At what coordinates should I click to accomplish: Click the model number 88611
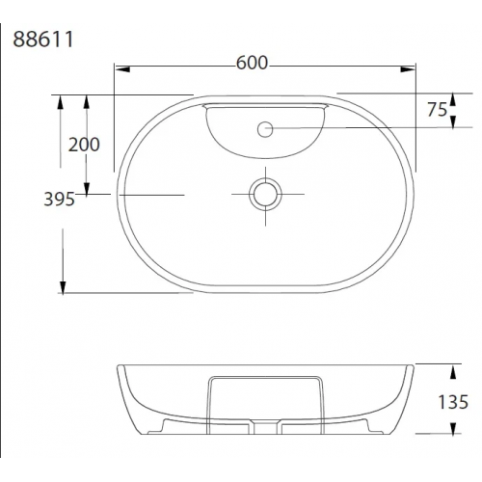click(43, 40)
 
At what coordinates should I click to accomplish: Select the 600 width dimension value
click(252, 63)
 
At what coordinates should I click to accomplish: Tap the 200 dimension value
click(84, 145)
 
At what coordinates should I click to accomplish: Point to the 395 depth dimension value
click(59, 200)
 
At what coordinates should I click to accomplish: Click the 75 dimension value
click(437, 110)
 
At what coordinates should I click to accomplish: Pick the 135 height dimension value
click(453, 402)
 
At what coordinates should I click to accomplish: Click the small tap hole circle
click(265, 129)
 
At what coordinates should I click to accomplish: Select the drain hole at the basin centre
click(265, 195)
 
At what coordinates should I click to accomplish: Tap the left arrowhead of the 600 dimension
click(122, 69)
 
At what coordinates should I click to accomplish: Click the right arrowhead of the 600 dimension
click(408, 69)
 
